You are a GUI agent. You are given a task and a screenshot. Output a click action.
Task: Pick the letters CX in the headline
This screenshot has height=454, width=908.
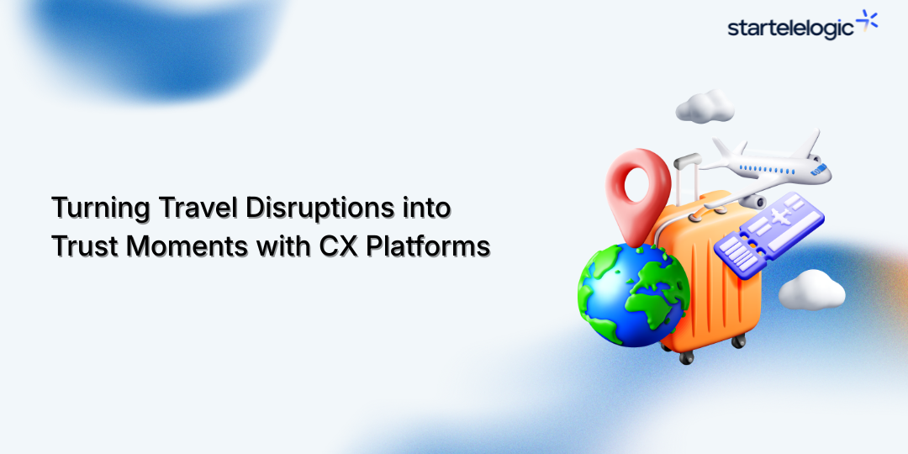335,247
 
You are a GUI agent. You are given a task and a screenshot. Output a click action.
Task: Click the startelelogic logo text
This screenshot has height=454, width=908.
790,29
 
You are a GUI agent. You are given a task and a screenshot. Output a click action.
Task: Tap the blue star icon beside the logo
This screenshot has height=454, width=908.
867,22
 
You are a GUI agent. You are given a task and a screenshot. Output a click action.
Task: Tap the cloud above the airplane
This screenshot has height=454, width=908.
705,107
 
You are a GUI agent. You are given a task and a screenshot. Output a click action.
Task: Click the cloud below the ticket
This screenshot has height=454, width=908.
810,290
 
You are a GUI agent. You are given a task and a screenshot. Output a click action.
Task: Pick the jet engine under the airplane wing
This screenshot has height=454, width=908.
753,201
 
